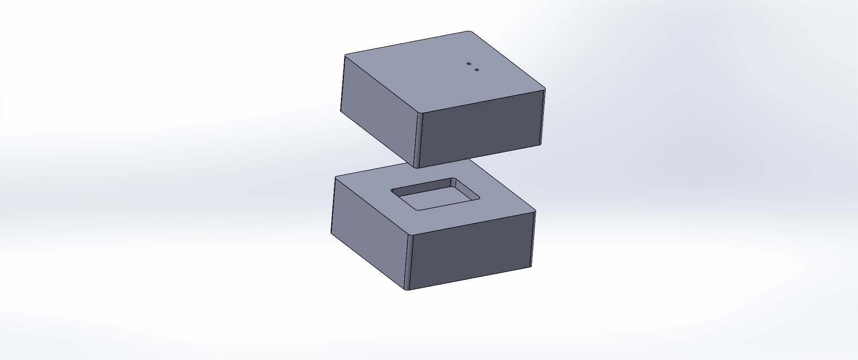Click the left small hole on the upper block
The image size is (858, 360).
[469, 64]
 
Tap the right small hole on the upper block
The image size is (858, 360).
[477, 70]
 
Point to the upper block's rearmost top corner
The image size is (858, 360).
[469, 31]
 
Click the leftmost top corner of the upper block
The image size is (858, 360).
[345, 55]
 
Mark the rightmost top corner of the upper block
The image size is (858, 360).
[545, 89]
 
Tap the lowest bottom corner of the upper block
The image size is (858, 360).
[417, 167]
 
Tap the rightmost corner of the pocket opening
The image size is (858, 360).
[479, 198]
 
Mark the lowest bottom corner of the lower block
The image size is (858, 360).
[408, 290]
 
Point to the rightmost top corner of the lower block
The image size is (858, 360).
[535, 211]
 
